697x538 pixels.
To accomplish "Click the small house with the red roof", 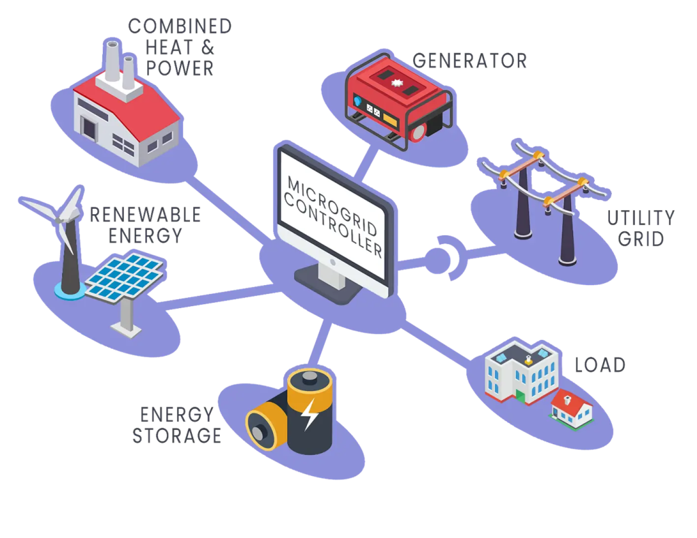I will (x=571, y=408).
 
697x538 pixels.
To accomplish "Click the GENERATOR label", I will (x=470, y=60).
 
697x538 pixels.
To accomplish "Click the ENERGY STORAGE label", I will (x=178, y=423).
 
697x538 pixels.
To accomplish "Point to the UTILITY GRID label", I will (x=643, y=229).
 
